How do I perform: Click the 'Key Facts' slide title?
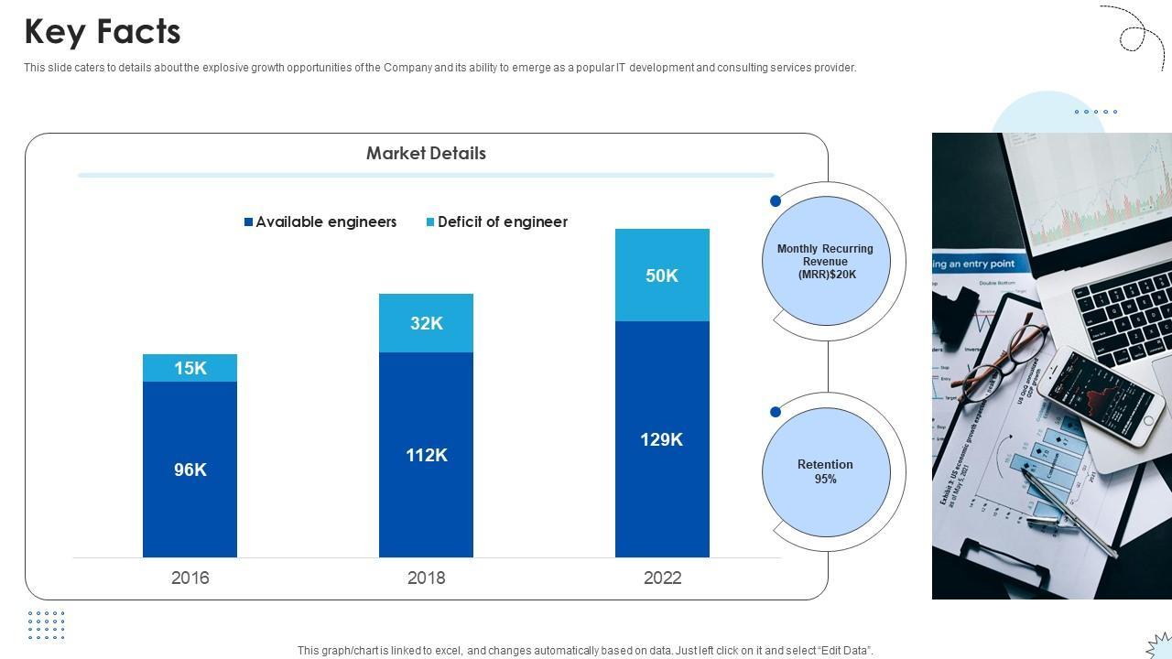(103, 32)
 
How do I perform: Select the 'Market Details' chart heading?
(426, 153)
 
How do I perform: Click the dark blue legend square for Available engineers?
(248, 222)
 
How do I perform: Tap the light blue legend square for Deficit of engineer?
(430, 222)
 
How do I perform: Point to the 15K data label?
(190, 368)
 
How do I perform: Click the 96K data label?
(190, 470)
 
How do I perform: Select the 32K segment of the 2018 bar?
(427, 323)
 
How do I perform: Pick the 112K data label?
(427, 455)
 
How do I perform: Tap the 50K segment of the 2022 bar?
(662, 275)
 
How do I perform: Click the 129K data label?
(662, 439)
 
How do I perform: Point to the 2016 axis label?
(190, 578)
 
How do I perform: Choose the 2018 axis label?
(427, 578)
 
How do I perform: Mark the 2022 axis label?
(662, 578)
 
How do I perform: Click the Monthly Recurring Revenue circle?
(825, 261)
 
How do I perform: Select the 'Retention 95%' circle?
(825, 471)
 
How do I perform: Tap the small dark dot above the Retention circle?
(776, 412)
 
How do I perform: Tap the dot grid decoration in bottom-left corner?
(46, 626)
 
